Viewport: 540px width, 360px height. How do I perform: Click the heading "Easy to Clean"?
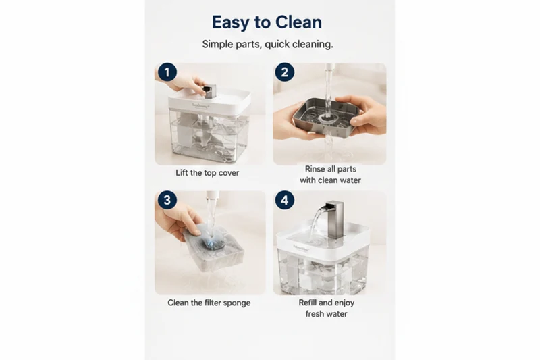pos(267,22)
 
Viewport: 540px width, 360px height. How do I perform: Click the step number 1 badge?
pos(167,72)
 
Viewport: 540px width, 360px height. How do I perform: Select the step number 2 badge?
pos(284,72)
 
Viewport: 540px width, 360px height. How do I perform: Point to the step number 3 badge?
pos(167,200)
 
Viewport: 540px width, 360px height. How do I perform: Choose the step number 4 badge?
pos(284,200)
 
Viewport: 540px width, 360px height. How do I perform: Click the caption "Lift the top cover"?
pos(207,173)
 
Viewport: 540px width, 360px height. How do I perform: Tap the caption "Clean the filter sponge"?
pos(209,303)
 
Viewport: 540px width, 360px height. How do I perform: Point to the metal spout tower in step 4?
pos(334,219)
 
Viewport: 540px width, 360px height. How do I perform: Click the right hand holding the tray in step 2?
pos(364,115)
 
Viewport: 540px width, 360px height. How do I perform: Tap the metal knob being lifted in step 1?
pos(209,91)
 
